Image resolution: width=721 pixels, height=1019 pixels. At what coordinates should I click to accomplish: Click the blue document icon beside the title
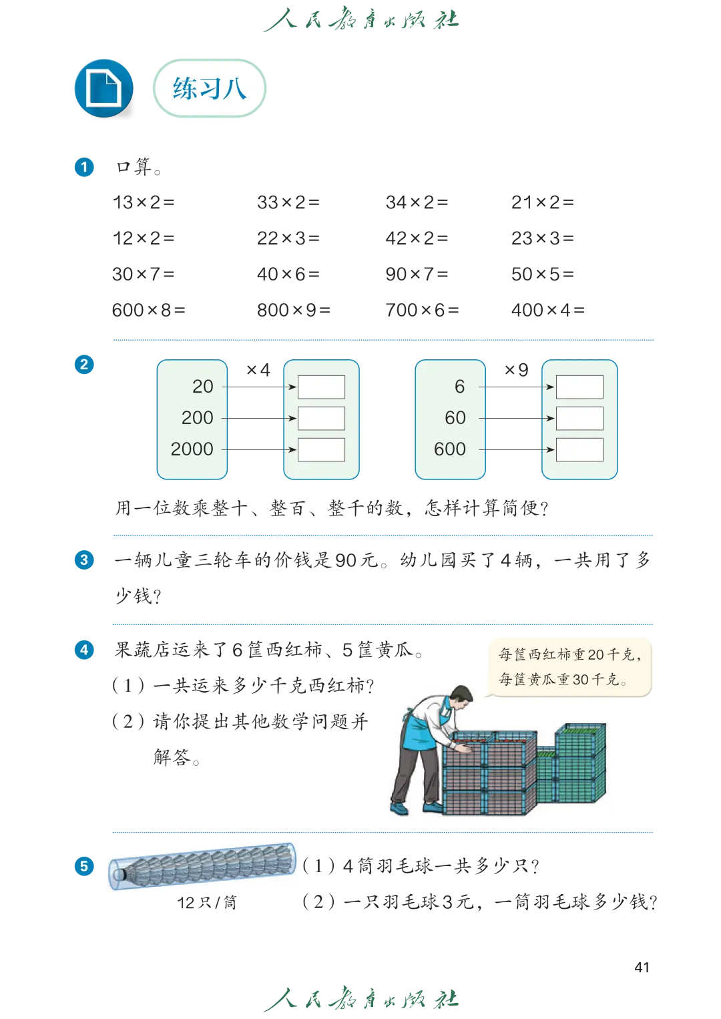pos(103,88)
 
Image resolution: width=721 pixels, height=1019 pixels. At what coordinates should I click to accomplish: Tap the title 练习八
pos(209,88)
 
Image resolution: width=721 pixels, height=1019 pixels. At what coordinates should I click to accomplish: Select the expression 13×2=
pos(144,202)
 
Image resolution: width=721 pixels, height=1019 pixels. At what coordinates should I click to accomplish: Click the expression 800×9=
pos(293,310)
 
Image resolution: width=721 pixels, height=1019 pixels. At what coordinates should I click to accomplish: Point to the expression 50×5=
pos(542,274)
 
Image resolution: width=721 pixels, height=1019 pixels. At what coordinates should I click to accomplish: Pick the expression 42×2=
pos(417,238)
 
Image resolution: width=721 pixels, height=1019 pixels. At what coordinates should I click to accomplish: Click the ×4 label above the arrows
pos(258,370)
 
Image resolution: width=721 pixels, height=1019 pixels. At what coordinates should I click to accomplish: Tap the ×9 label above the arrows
pos(516,370)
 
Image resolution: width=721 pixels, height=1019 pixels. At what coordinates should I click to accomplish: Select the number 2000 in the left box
pos(192,449)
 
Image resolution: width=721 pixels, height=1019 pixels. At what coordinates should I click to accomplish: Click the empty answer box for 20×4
pos(321,387)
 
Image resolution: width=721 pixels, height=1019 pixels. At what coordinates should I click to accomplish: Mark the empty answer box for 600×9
pos(579,449)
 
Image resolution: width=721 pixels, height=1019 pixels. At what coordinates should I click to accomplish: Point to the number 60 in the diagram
pos(455,417)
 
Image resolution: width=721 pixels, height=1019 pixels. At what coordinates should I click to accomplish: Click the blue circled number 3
pos(84,560)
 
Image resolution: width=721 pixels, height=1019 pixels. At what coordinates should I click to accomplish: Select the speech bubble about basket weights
pos(569,667)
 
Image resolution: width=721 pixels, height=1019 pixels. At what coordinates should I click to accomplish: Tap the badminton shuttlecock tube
pos(202,865)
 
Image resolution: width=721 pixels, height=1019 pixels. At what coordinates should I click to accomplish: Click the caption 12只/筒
pos(207,903)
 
